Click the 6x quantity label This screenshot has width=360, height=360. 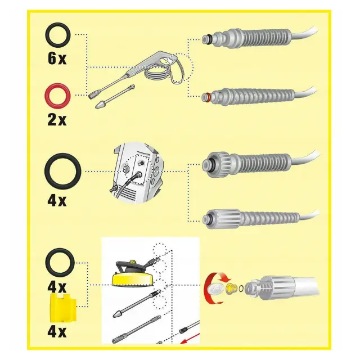pos(57,58)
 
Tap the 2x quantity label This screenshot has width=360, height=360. pos(57,119)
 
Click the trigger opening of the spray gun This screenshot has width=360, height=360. pos(168,61)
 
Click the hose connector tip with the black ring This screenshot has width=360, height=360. pos(206,39)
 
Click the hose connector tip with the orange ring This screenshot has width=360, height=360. pos(206,97)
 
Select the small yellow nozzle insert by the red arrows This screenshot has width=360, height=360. pos(231,288)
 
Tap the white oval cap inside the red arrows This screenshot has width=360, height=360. pos(215,288)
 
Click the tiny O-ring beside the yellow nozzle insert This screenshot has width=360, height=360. pos(241,289)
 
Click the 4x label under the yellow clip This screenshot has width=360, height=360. pos(57,331)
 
